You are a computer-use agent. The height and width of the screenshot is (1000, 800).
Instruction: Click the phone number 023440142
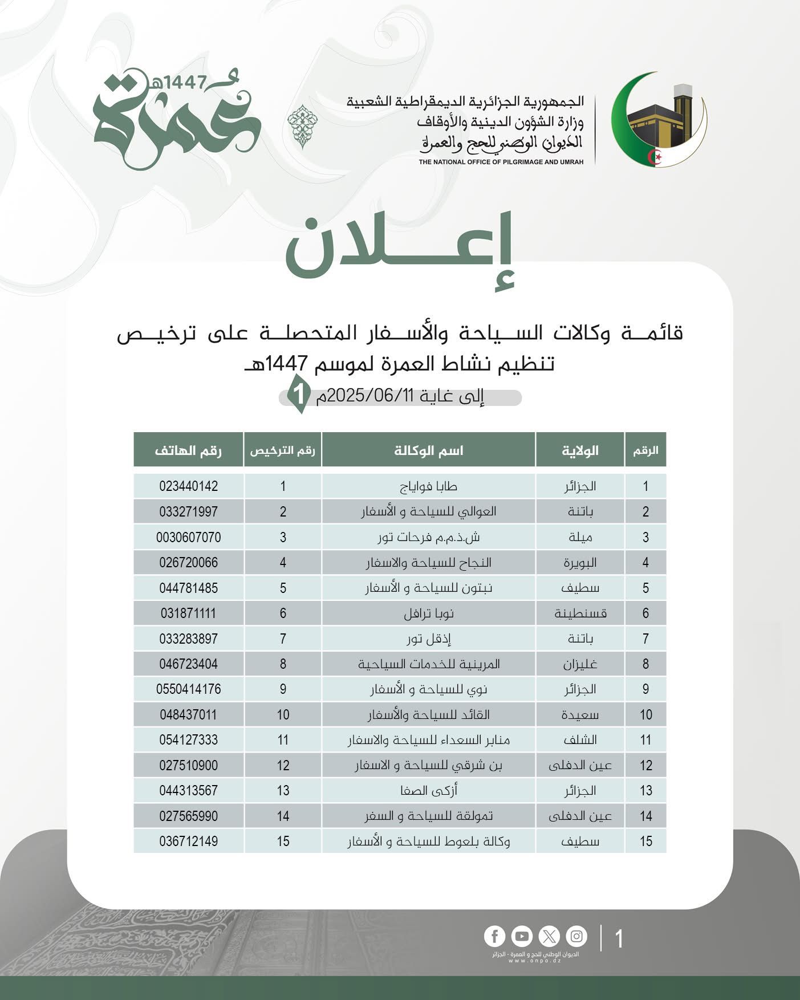(x=188, y=486)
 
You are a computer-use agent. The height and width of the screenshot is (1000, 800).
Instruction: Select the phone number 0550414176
(x=188, y=689)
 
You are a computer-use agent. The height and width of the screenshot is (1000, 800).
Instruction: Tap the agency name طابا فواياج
(x=428, y=486)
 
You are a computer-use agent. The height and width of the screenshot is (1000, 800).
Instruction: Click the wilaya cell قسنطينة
(x=580, y=613)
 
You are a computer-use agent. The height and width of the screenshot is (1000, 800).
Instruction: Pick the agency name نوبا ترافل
(x=428, y=613)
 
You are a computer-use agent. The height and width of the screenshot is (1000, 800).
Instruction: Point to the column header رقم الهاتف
(x=188, y=450)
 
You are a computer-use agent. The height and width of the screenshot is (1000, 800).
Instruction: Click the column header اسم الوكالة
(x=428, y=450)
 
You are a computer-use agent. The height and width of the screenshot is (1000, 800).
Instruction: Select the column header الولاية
(x=580, y=450)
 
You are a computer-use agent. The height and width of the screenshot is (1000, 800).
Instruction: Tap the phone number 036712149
(x=188, y=842)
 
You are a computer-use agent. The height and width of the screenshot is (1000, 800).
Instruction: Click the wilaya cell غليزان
(x=580, y=664)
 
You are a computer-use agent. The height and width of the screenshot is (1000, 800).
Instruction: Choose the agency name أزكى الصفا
(x=428, y=791)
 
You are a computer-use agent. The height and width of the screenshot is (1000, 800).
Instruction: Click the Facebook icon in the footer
(x=495, y=936)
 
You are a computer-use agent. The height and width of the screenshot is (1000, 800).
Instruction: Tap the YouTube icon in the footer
(x=522, y=936)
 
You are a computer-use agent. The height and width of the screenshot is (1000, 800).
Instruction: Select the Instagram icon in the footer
(x=576, y=936)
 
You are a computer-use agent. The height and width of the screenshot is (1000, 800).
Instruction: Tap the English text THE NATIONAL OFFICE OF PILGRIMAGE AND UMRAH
(x=501, y=162)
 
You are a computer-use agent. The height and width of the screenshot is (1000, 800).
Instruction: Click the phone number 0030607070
(x=188, y=537)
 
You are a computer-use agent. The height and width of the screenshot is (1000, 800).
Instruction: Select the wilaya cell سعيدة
(x=580, y=715)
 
